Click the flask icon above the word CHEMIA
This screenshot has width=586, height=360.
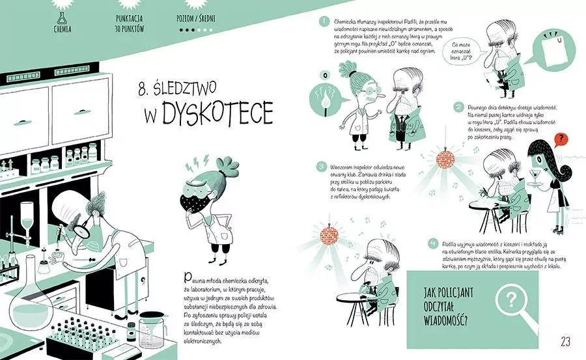[x=63, y=16]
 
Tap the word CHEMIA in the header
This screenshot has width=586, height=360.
[x=63, y=29]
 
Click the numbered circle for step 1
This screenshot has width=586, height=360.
[x=324, y=22]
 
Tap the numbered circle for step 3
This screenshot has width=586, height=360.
[x=320, y=166]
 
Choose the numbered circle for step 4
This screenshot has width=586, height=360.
[x=432, y=243]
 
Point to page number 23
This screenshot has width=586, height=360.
[x=564, y=341]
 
